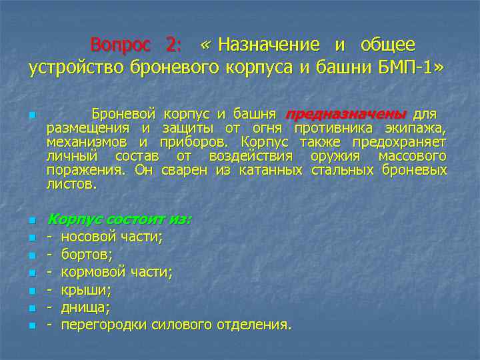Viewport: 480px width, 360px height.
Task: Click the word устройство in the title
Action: pos(73,68)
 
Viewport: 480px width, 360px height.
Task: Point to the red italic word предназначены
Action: pos(345,114)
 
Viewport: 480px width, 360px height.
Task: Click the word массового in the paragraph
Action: pos(412,156)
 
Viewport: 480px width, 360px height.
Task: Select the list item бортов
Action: pos(87,254)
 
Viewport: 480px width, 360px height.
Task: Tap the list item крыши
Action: pos(86,289)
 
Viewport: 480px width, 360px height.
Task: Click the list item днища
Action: pos(85,307)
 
